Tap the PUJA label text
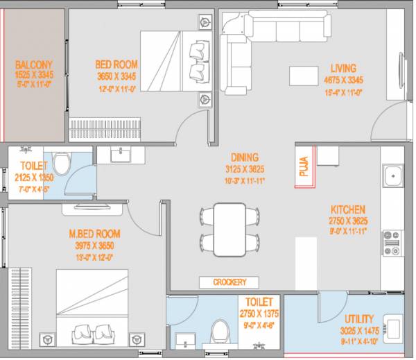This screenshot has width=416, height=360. tap(304, 169)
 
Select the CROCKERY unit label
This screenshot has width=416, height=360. tap(229, 282)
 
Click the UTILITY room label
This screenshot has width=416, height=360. tap(358, 319)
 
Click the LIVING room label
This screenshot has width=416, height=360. tap(343, 69)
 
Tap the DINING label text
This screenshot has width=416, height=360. tap(245, 157)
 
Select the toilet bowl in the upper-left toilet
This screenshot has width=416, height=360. tap(61, 164)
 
